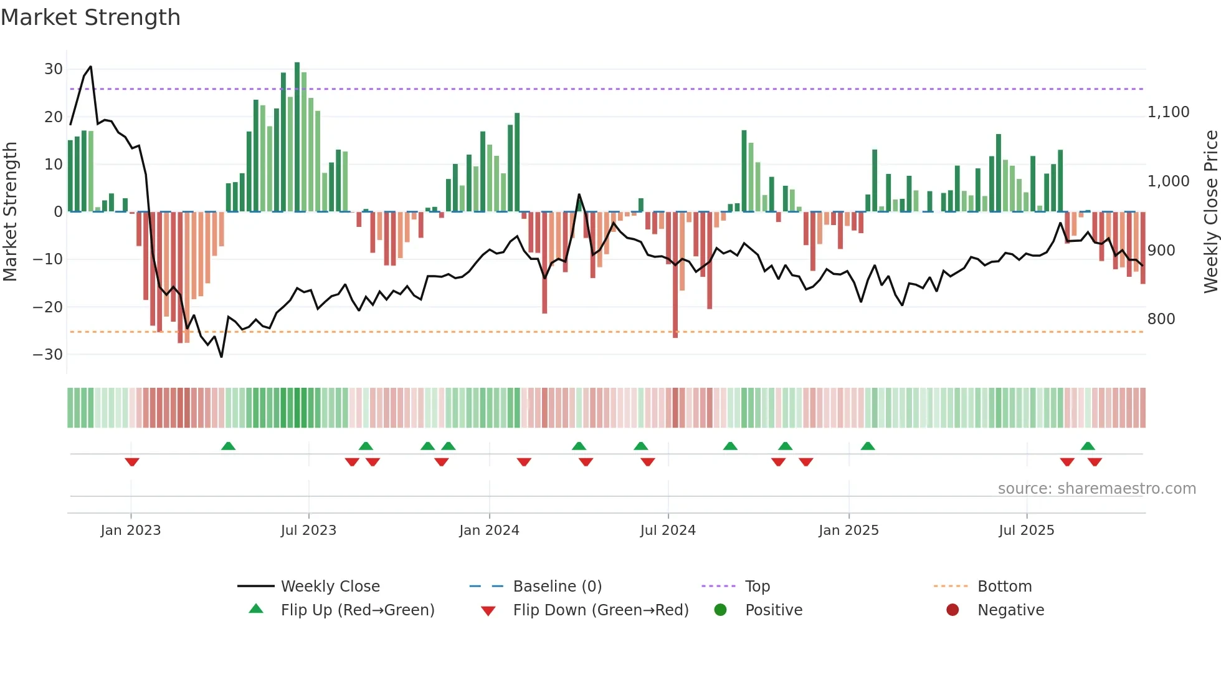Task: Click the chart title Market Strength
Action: (x=90, y=17)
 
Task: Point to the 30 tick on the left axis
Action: (x=53, y=69)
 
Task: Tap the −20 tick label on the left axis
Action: (x=48, y=307)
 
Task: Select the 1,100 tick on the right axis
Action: (x=1168, y=112)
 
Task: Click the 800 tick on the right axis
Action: (x=1161, y=319)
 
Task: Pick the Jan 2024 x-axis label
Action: (x=489, y=531)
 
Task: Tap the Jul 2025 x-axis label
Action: (x=1026, y=531)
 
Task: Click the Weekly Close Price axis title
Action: (x=1210, y=212)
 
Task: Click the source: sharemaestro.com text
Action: (x=1096, y=489)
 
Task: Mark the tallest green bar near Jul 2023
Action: (x=297, y=137)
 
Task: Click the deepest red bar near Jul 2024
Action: (x=675, y=274)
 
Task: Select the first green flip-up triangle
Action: (x=229, y=446)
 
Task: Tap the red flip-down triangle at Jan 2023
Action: (x=131, y=462)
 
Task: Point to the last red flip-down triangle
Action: (x=1095, y=462)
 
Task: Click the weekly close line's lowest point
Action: (x=221, y=357)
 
